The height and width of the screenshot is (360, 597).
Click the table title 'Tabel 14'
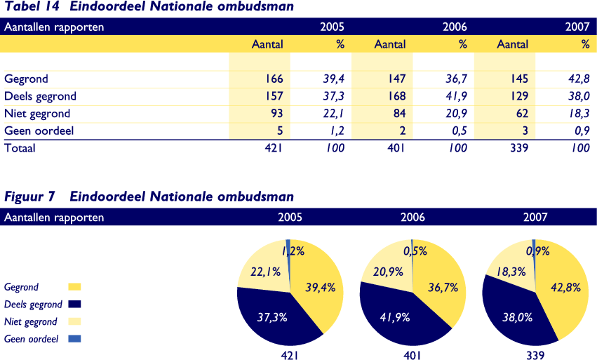click(29, 6)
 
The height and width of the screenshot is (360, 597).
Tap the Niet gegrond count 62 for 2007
click(521, 113)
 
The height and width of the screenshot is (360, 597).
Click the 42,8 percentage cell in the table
click(579, 79)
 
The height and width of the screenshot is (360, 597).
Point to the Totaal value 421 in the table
click(271, 148)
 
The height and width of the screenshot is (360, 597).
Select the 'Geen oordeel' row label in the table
click(39, 131)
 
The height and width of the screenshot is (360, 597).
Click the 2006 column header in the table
click(455, 27)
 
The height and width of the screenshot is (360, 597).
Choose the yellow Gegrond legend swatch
click(74, 286)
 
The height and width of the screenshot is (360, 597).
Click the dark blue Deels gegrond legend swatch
click(74, 304)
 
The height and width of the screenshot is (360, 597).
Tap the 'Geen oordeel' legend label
click(31, 339)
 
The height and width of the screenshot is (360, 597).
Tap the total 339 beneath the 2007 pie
click(535, 355)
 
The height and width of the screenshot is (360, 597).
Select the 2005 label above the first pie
click(290, 218)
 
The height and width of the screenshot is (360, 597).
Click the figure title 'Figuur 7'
click(29, 196)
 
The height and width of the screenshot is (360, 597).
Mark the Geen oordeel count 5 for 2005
click(279, 131)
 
